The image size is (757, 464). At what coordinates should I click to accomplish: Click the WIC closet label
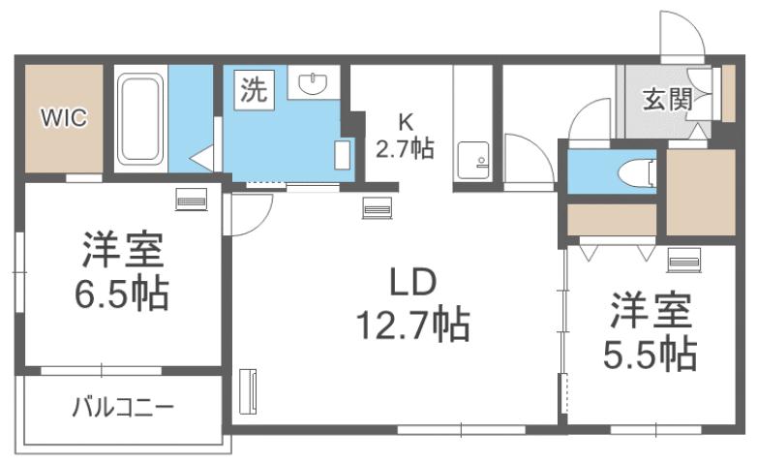(63, 118)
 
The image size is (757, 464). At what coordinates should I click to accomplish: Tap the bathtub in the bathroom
(141, 121)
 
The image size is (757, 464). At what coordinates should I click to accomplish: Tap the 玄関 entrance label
(665, 98)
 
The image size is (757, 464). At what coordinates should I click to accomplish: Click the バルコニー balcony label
(122, 406)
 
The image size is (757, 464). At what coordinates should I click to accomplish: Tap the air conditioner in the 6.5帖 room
(191, 201)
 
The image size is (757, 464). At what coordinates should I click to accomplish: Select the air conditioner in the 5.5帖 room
(682, 260)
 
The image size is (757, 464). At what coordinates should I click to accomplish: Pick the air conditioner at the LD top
(377, 206)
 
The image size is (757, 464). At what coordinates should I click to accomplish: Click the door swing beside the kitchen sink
(523, 160)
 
